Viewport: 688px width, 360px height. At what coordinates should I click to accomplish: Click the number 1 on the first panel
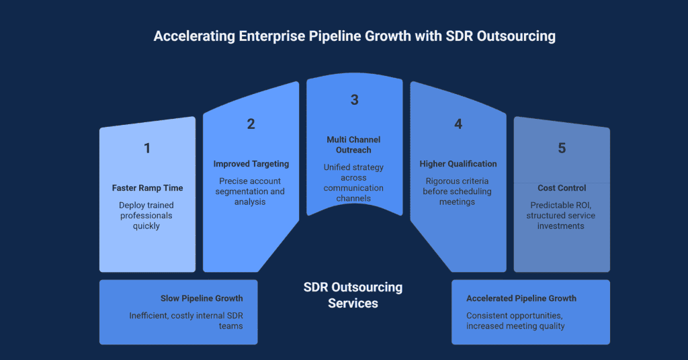tap(147, 148)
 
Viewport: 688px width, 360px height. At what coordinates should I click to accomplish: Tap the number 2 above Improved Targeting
tap(251, 124)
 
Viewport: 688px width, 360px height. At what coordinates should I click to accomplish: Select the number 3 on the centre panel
tap(354, 100)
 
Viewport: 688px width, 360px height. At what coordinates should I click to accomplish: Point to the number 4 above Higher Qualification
tap(458, 124)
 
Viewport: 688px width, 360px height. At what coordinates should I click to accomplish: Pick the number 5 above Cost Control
tap(562, 148)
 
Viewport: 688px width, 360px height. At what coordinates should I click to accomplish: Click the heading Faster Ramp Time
tap(146, 188)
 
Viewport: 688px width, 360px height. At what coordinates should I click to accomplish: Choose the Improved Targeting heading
tap(251, 164)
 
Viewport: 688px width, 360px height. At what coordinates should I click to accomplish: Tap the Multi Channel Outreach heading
tap(353, 144)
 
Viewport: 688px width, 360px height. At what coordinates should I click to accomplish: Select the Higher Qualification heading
tap(458, 164)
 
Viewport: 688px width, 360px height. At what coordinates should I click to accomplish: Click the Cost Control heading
tap(562, 188)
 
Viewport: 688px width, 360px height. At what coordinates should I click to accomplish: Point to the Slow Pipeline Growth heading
tap(202, 298)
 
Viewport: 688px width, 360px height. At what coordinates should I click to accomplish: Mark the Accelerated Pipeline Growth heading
tap(521, 298)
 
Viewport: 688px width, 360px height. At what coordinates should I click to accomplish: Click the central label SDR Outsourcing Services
tap(353, 295)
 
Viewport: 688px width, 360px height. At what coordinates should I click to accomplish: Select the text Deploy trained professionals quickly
tap(146, 216)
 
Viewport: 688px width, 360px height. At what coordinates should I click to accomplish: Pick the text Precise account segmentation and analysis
tap(251, 191)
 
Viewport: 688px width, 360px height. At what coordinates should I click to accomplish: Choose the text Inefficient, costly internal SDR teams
tap(186, 321)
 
